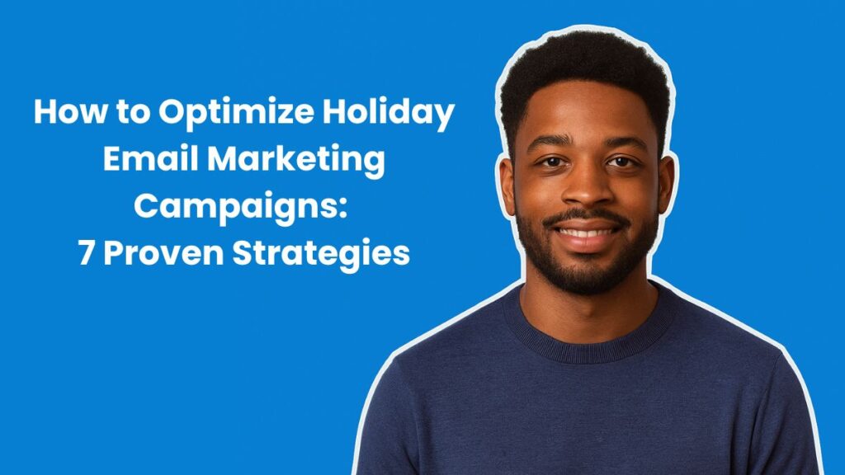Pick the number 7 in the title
(87, 253)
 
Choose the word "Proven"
(160, 253)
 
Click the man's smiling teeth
(588, 233)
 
